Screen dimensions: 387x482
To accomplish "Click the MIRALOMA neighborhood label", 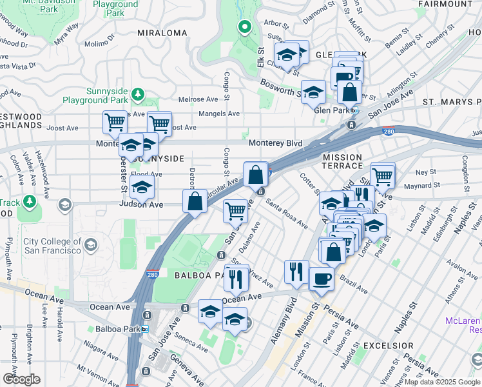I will point(162,32).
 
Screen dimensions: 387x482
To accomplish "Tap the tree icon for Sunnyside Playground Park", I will point(137,95).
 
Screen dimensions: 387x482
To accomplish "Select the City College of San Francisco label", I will point(52,246).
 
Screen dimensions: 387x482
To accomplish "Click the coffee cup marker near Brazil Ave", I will point(322,279).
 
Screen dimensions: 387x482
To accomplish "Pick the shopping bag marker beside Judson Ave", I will point(195,201).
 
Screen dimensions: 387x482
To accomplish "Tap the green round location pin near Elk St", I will point(244,27).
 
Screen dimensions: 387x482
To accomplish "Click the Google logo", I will point(21,379).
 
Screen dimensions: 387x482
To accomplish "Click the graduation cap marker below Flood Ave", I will point(141,188).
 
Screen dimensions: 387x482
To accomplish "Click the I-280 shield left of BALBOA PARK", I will point(152,274).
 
